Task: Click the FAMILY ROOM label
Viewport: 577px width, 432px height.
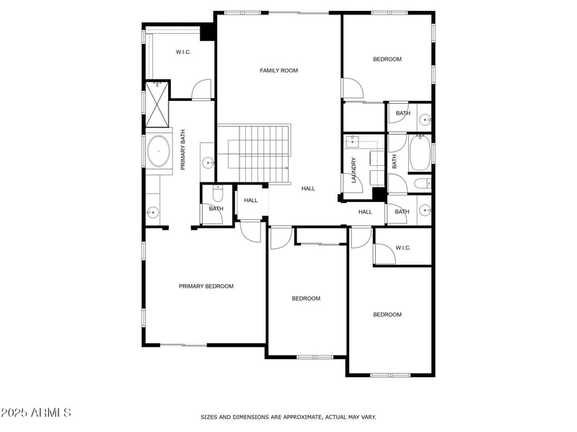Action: tap(278, 71)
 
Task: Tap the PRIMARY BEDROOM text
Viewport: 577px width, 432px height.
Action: tap(206, 286)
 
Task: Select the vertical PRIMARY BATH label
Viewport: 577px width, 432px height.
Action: tap(183, 150)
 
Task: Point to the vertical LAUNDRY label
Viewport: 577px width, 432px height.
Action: tap(353, 170)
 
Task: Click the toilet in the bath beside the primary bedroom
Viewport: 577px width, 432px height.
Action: tap(217, 193)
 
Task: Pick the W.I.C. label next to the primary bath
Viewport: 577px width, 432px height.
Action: tap(183, 52)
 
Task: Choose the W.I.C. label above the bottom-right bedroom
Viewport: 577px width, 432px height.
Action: tap(402, 248)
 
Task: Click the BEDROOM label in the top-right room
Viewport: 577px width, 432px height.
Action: tap(387, 59)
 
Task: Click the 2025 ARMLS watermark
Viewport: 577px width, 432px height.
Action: tap(36, 413)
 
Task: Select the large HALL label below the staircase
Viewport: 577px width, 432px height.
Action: tap(308, 188)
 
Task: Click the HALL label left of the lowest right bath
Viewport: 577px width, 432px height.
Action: tap(365, 211)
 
